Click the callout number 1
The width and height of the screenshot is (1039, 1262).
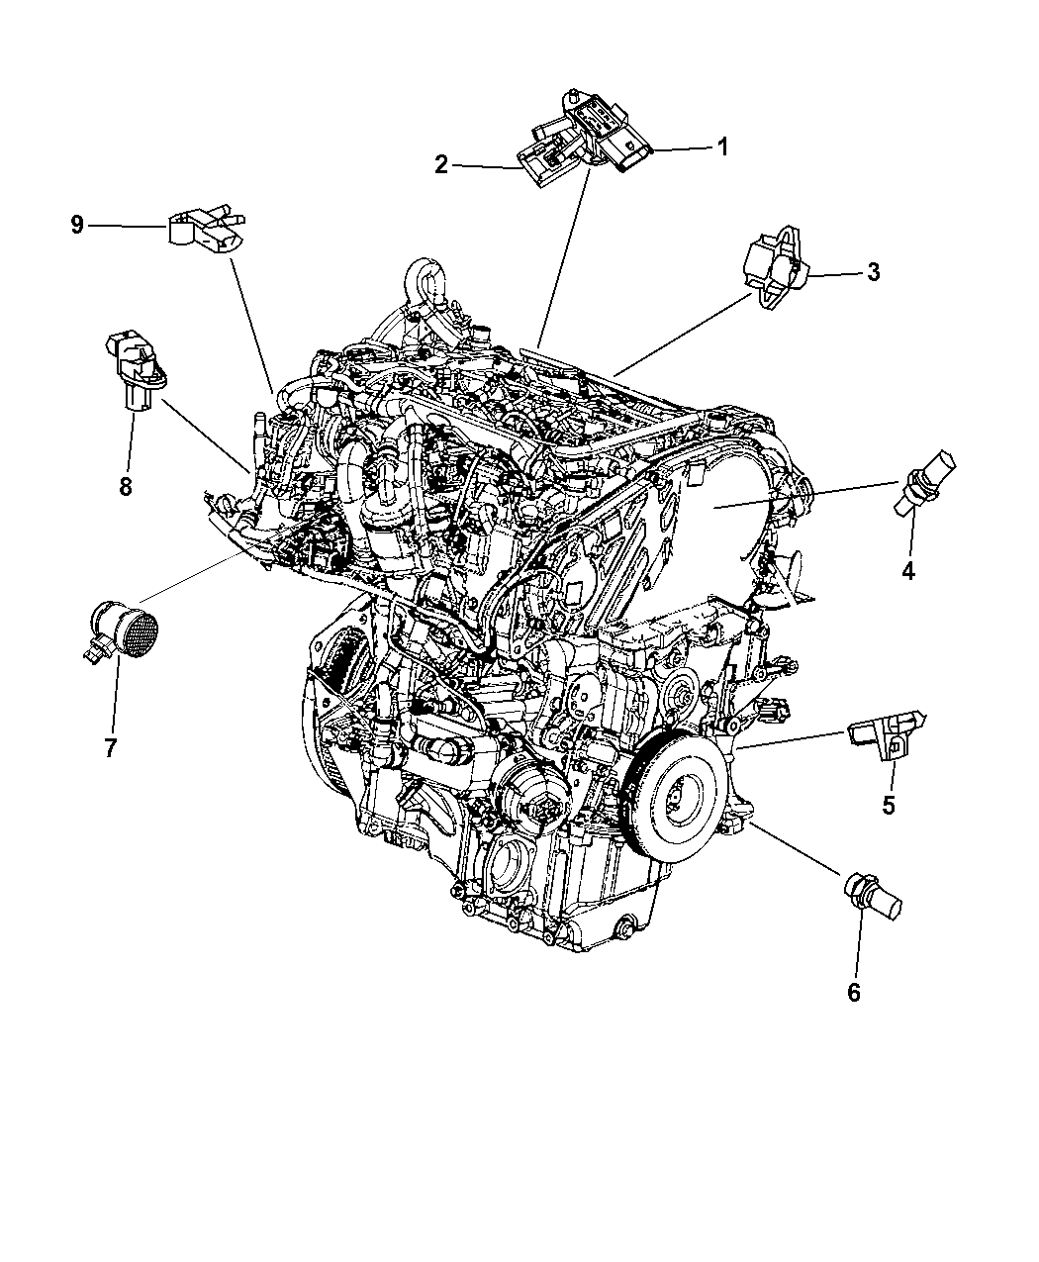[722, 146]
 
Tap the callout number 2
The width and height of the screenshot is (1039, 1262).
[442, 164]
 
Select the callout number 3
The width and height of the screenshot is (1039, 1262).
[873, 272]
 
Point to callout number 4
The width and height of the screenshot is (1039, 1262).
[907, 570]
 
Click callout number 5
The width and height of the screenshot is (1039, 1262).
[888, 805]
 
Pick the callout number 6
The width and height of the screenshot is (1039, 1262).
[853, 993]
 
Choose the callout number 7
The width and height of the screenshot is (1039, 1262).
[110, 748]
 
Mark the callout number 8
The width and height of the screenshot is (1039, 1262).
[125, 485]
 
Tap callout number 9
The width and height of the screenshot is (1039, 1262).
[77, 226]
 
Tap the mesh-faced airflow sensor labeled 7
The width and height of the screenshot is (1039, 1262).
[122, 632]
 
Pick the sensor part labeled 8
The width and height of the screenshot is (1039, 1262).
[136, 367]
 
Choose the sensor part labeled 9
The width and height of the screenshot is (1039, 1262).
[206, 230]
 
